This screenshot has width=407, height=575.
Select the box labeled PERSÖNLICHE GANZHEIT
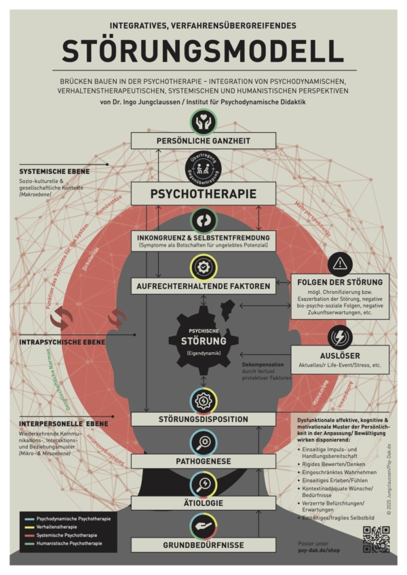tap(203, 140)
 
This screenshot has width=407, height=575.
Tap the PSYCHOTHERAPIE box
tap(203, 194)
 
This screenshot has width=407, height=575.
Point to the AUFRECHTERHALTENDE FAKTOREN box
tap(203, 286)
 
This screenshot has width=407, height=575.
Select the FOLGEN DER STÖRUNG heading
tap(340, 282)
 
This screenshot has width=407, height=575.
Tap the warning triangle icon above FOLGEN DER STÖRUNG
tap(340, 263)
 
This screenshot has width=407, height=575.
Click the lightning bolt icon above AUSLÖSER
tap(340, 337)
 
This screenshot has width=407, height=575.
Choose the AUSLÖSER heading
tap(340, 355)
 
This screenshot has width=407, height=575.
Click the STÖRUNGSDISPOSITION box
tap(203, 419)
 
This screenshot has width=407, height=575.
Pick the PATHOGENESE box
tap(203, 461)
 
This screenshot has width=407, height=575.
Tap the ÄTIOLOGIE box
tap(203, 503)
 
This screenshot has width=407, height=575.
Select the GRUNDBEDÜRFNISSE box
tap(203, 545)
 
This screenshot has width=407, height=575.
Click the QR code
tap(376, 539)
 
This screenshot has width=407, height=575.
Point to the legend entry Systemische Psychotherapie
tap(65, 535)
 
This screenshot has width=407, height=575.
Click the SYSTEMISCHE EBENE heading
tap(54, 171)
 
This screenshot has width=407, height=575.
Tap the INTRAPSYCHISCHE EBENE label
tap(62, 342)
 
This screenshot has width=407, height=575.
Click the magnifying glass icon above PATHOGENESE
tap(203, 442)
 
